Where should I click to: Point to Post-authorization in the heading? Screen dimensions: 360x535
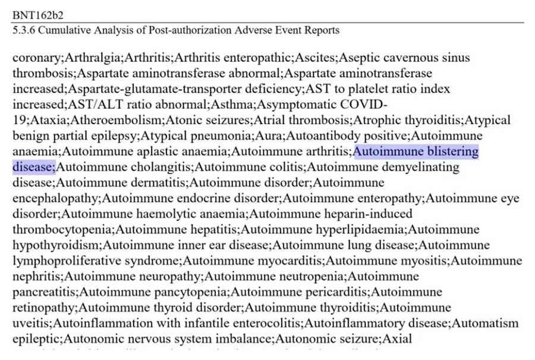(166, 30)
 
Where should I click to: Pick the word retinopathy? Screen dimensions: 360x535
(44, 308)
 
